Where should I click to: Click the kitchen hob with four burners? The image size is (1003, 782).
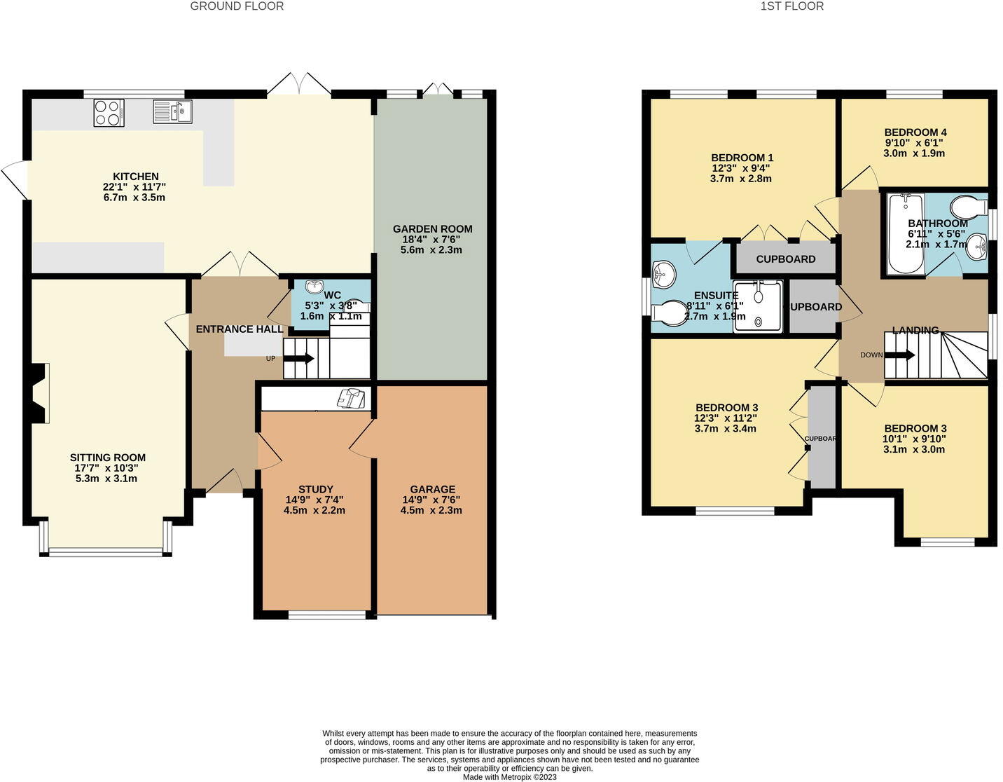tap(109, 113)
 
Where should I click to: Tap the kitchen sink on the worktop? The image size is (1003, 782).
tap(172, 111)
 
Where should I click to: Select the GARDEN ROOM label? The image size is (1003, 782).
tap(432, 229)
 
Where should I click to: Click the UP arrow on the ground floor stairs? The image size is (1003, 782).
tap(302, 358)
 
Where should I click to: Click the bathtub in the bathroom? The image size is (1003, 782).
tap(906, 233)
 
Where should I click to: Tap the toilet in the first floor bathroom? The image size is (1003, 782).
tap(967, 207)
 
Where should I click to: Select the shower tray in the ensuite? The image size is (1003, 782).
tap(757, 306)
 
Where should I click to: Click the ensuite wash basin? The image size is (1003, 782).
tap(663, 275)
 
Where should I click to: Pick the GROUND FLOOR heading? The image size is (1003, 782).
tap(237, 6)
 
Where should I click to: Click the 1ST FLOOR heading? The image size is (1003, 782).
tap(791, 6)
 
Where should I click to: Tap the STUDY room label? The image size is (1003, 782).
tap(315, 489)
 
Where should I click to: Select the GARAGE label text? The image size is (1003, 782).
tap(432, 489)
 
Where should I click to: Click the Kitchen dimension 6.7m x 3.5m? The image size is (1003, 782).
tap(134, 198)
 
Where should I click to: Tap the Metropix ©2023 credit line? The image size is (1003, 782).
tap(509, 776)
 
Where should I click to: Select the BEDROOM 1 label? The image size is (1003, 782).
tap(742, 158)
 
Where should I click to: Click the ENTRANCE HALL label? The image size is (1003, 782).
tap(239, 329)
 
